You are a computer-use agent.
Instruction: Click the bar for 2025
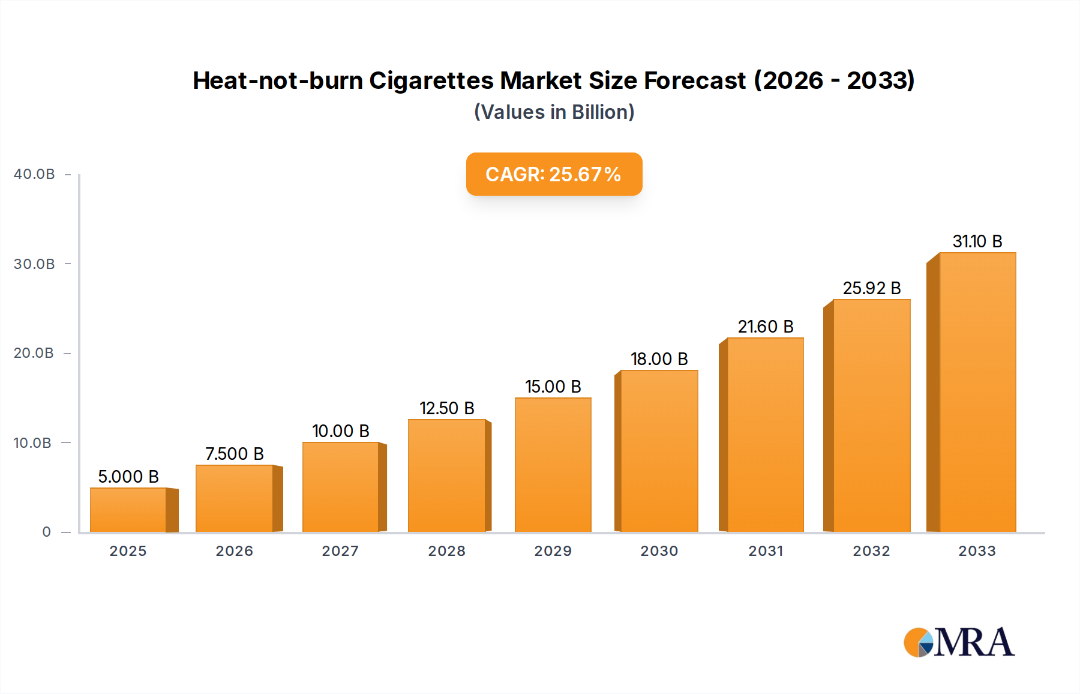coord(128,510)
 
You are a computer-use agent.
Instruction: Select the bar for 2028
coord(446,475)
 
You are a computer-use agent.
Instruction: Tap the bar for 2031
coord(765,435)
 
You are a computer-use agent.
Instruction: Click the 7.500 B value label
coord(235,454)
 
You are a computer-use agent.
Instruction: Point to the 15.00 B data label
coord(553,387)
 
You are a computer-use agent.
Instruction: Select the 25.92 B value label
coord(872,288)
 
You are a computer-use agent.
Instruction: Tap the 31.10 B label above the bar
coord(977,241)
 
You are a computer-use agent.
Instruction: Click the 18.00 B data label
coord(659,359)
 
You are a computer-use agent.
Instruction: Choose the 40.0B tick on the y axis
coord(34,174)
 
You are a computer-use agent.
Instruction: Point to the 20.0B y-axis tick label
coord(34,353)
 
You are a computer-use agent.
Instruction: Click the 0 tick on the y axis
coord(47,532)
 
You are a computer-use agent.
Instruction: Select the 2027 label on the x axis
coord(340,551)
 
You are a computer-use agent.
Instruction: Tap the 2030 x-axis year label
coord(659,551)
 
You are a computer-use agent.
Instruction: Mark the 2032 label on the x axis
coord(872,551)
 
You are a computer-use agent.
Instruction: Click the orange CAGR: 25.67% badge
coord(554,174)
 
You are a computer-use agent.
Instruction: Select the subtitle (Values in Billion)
coord(554,112)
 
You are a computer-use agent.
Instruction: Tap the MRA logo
coord(959,642)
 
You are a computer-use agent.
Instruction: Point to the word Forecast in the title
coord(695,80)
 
